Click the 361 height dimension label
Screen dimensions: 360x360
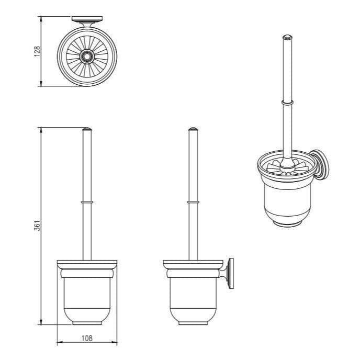tap(37, 226)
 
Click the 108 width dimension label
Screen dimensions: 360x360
tap(87, 338)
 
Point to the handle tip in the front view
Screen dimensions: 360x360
tap(87, 129)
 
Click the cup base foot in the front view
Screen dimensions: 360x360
tap(87, 323)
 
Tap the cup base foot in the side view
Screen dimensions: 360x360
tap(193, 323)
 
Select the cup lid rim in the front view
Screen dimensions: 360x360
tap(87, 263)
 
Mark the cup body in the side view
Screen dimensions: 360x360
tap(193, 296)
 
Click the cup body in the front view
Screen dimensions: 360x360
tap(87, 296)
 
